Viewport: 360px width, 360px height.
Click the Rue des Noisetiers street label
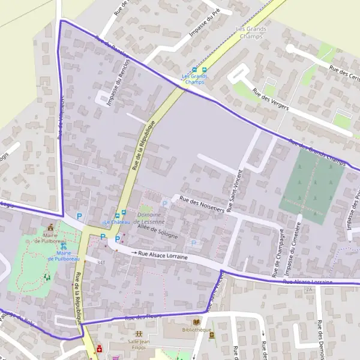coord(202,205)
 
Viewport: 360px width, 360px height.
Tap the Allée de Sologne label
coord(158,230)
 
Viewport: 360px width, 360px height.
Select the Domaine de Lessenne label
coord(149,218)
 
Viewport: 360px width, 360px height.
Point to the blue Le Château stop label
coord(118,223)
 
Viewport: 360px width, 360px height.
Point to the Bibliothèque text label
coord(196,331)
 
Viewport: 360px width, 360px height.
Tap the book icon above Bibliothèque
coord(196,322)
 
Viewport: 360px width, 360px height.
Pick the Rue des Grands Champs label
coord(318,153)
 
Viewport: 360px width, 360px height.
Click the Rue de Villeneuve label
coord(61,114)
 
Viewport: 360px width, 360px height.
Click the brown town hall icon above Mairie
coord(50,227)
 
